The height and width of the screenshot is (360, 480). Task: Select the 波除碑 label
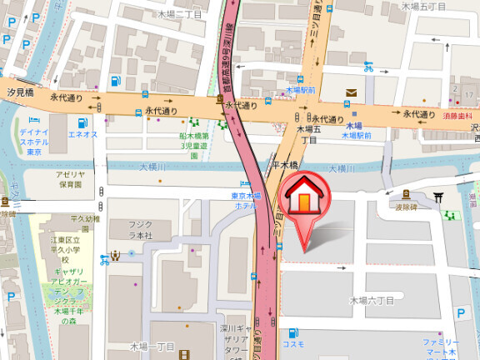click(405, 207)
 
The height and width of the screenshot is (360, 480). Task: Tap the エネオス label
click(82, 134)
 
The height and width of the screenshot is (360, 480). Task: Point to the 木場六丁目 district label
click(372, 299)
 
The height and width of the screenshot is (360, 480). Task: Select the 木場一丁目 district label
click(150, 345)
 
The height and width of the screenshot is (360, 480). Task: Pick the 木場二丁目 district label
click(179, 14)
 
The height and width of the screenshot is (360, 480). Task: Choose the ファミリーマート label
click(440, 347)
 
